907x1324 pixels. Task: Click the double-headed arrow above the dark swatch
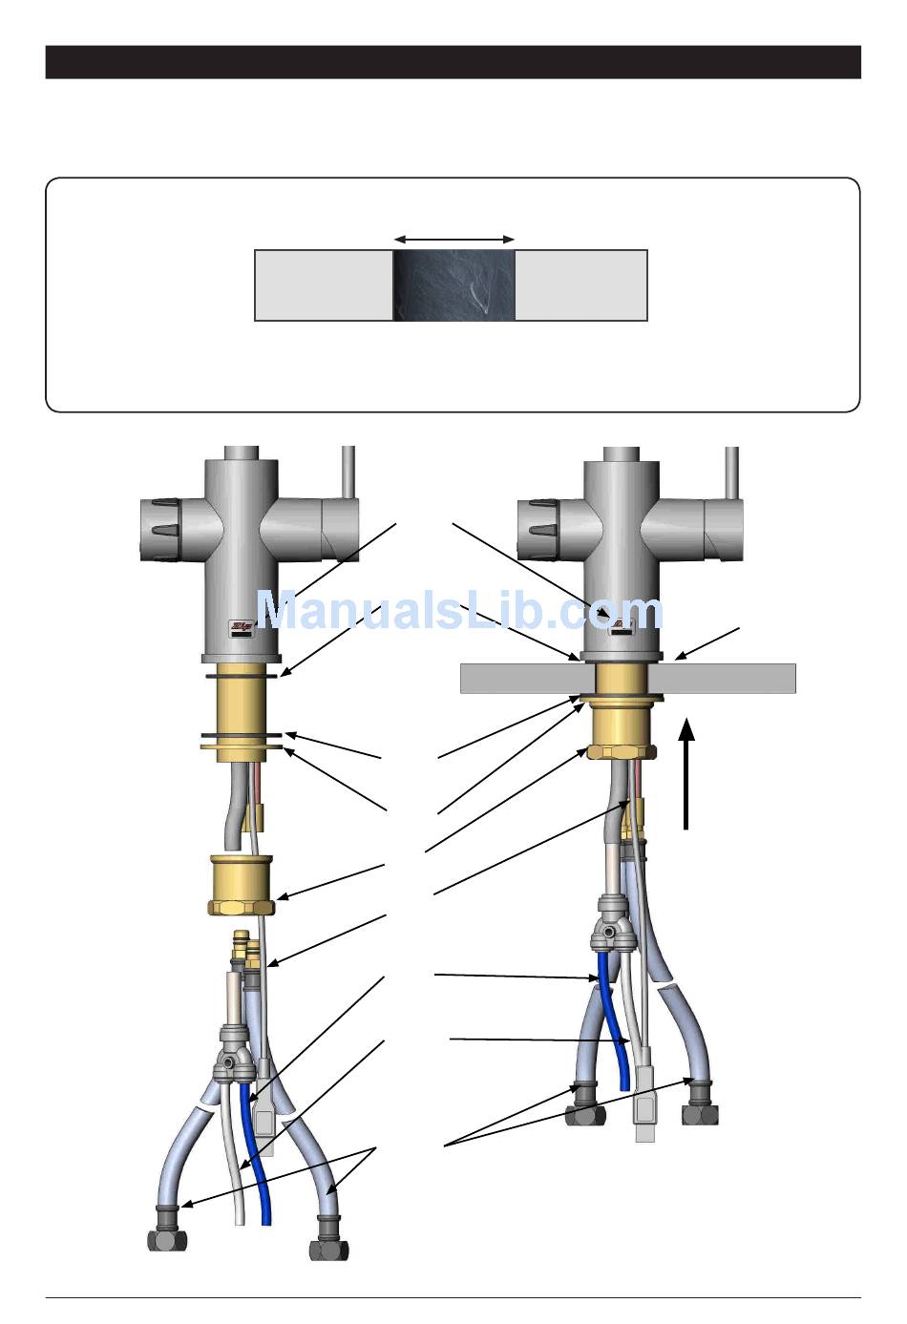pyautogui.click(x=454, y=239)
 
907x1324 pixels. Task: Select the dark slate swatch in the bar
pyautogui.click(x=454, y=284)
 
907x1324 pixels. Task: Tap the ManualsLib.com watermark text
pyautogui.click(x=458, y=611)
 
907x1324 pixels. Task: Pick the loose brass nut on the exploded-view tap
pyautogui.click(x=241, y=885)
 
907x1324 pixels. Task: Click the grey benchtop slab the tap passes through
pyautogui.click(x=726, y=678)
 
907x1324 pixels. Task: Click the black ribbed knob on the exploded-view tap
pyautogui.click(x=159, y=531)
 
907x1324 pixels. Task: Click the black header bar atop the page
pyautogui.click(x=453, y=62)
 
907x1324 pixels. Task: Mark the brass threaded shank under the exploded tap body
pyautogui.click(x=241, y=704)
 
